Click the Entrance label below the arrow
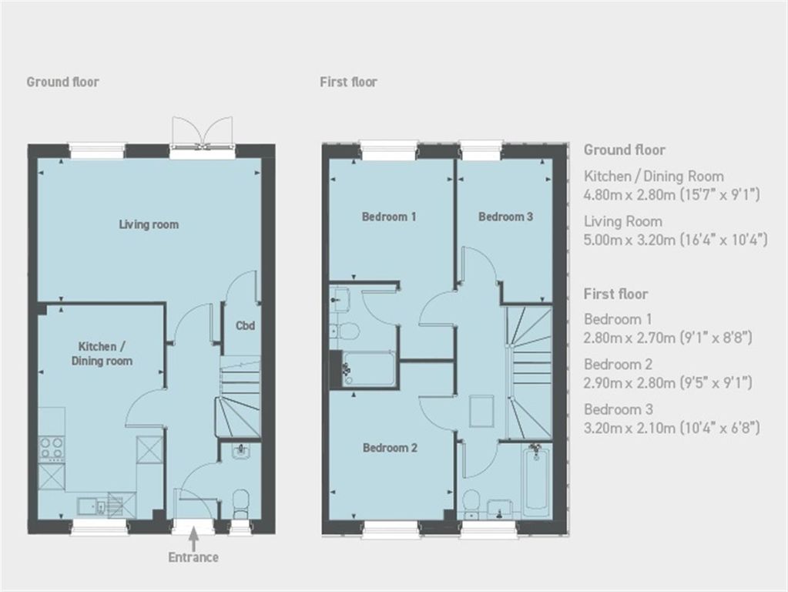click(193, 557)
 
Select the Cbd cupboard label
click(245, 325)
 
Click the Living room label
click(149, 224)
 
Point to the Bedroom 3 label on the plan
click(505, 217)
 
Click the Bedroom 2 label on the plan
click(390, 448)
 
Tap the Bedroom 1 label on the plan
click(389, 217)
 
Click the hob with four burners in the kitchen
click(52, 449)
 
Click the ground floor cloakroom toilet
click(241, 504)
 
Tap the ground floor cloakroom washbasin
click(241, 451)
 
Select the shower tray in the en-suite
click(368, 369)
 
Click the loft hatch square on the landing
click(481, 412)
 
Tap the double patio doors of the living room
click(202, 133)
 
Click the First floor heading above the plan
click(348, 82)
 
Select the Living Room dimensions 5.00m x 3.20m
click(676, 240)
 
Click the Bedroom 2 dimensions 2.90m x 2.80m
click(668, 383)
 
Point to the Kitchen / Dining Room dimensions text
click(672, 194)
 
